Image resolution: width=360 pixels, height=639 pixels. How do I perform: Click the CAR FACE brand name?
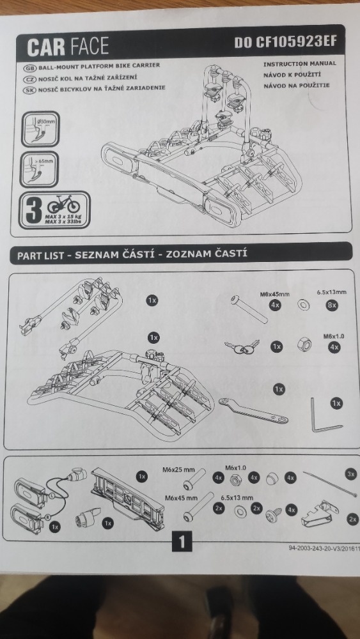tap(68, 47)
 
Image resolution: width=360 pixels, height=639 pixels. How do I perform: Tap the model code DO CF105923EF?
tap(286, 42)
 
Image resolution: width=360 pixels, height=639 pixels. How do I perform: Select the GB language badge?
tap(30, 68)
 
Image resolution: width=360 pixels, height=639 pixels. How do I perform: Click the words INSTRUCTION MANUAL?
tap(300, 64)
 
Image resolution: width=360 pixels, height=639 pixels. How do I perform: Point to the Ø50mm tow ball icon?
tap(40, 129)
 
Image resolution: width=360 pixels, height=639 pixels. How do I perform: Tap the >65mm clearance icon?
tap(39, 169)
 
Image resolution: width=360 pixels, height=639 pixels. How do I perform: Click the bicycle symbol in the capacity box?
tap(63, 203)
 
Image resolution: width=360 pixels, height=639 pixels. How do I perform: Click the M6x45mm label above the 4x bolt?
tap(274, 294)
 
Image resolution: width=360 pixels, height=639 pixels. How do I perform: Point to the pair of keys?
tap(242, 347)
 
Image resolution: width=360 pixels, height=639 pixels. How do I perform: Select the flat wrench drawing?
tap(253, 411)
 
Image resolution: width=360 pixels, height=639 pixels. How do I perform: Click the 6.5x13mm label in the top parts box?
tap(331, 292)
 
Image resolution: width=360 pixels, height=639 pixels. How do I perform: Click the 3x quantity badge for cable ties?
tap(350, 474)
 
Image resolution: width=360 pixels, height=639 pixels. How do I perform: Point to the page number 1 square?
tap(182, 543)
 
